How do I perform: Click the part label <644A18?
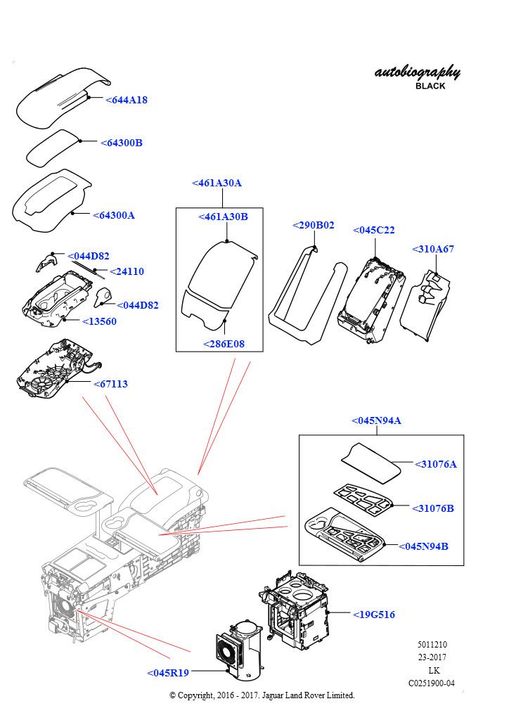tap(127, 100)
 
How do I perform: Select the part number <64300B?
tap(122, 143)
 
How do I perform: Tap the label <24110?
tap(128, 271)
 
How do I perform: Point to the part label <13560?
tap(100, 321)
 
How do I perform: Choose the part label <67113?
tap(110, 384)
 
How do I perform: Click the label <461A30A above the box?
tap(217, 183)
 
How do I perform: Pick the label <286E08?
tap(224, 344)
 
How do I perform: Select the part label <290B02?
tap(313, 225)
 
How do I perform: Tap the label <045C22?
tap(373, 230)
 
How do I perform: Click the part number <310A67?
tap(432, 249)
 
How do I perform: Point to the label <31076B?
tap(433, 508)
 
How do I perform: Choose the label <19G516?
tap(373, 614)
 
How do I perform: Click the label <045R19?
tap(168, 673)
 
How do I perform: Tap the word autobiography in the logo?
tap(418, 72)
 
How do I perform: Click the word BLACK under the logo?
tap(430, 86)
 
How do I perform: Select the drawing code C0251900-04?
tap(432, 683)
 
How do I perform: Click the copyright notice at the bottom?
tap(262, 695)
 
